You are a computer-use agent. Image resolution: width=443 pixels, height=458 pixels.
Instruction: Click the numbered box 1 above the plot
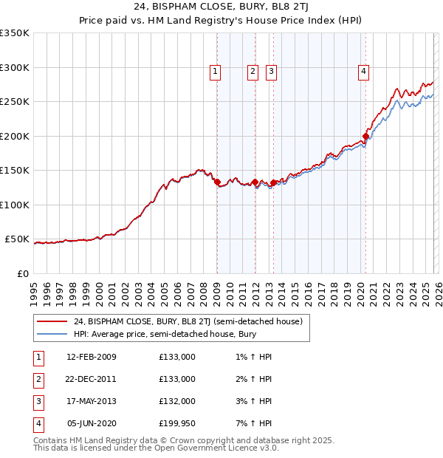[215, 72]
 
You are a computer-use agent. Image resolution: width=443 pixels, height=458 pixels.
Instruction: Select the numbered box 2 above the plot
[253, 72]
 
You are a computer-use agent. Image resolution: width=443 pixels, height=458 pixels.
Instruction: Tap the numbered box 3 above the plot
[271, 72]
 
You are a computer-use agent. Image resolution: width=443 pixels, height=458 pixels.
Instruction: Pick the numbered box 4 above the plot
[364, 72]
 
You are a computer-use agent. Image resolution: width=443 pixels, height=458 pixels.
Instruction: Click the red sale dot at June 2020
[365, 137]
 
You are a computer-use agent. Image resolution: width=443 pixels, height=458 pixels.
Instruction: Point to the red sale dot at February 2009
[217, 182]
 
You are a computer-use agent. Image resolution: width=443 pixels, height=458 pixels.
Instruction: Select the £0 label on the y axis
[21, 273]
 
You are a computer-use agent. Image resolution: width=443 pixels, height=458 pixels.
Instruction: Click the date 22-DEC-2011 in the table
[91, 379]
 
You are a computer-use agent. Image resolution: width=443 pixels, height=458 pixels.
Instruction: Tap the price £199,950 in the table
[177, 423]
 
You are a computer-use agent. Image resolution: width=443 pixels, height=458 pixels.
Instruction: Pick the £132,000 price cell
[177, 401]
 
